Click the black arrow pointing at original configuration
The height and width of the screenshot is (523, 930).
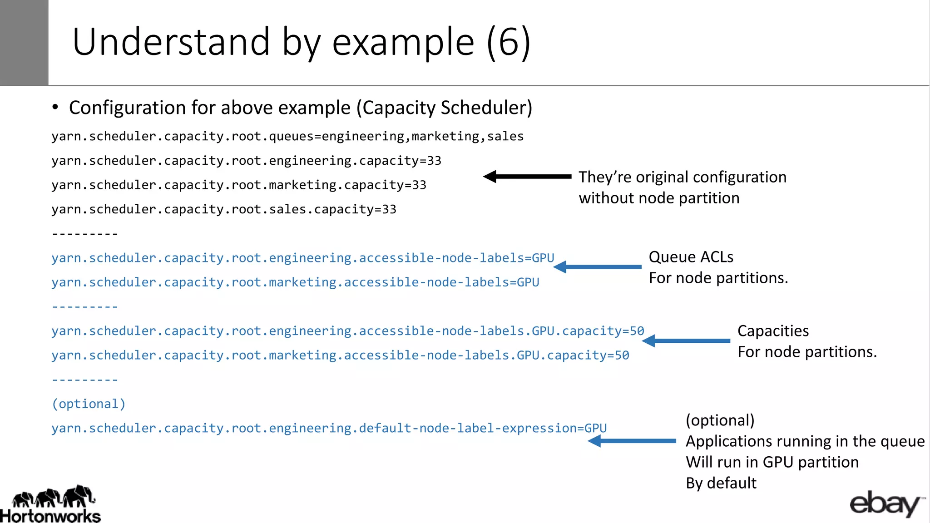[527, 177]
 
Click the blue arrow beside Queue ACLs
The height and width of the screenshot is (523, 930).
[597, 267]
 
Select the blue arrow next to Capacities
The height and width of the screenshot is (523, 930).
[686, 340]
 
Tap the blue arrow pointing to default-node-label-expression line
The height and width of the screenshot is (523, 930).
[631, 441]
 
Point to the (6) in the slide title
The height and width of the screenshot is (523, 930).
[508, 42]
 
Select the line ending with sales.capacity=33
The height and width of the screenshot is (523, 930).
[224, 209]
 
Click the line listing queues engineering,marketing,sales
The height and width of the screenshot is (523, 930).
[287, 136]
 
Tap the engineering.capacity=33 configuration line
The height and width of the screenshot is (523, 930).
[246, 161]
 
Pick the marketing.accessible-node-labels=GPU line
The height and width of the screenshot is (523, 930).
[295, 282]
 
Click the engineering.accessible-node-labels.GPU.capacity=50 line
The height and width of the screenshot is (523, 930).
[347, 331]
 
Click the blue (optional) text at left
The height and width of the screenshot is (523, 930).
[89, 404]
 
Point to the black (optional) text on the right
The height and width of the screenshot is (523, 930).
[720, 420]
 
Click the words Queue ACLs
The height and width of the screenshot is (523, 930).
[691, 257]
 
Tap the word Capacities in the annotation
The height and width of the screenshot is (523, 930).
[773, 331]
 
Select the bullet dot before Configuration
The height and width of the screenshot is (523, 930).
[55, 108]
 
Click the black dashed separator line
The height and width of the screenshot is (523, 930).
[85, 234]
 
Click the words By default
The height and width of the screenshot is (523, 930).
[721, 483]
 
